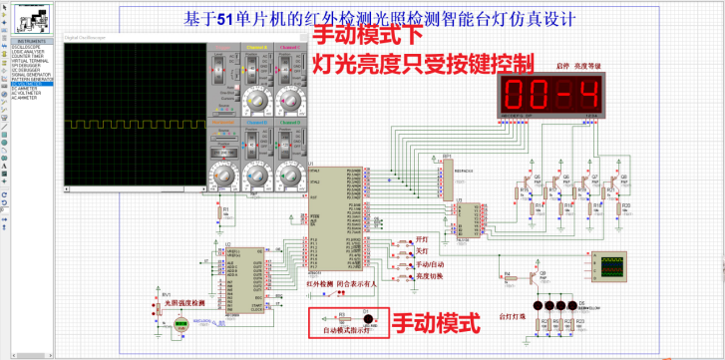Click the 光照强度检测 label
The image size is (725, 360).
183,302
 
